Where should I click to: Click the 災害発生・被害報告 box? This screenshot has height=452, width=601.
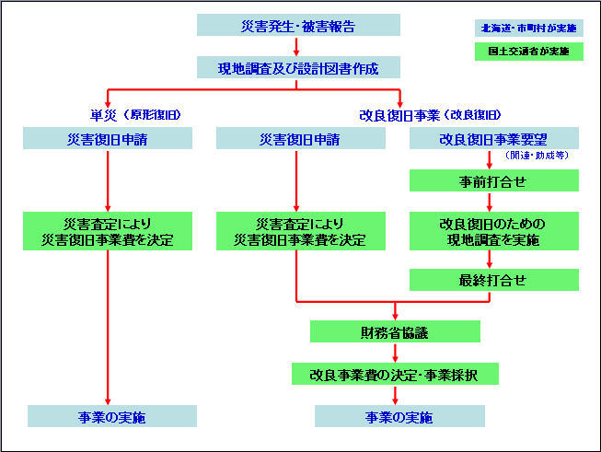click(x=299, y=25)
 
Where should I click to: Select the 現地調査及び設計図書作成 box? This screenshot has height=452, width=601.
click(x=299, y=67)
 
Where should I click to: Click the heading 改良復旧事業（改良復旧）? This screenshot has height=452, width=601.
click(x=430, y=115)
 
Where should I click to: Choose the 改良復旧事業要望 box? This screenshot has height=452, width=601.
click(x=494, y=139)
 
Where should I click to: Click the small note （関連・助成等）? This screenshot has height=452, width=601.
click(x=537, y=156)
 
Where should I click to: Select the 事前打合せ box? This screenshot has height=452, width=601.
click(x=494, y=181)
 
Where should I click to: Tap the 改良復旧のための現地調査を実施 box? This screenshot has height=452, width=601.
click(x=494, y=232)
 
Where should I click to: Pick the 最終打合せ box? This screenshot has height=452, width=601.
click(x=494, y=280)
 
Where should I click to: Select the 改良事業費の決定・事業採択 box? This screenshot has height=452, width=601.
click(x=395, y=374)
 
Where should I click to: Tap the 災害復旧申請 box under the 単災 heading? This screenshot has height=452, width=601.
click(x=109, y=139)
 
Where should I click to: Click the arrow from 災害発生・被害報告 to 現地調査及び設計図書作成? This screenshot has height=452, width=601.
click(x=296, y=47)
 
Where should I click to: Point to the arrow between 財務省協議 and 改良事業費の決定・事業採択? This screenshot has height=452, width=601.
click(x=395, y=353)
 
